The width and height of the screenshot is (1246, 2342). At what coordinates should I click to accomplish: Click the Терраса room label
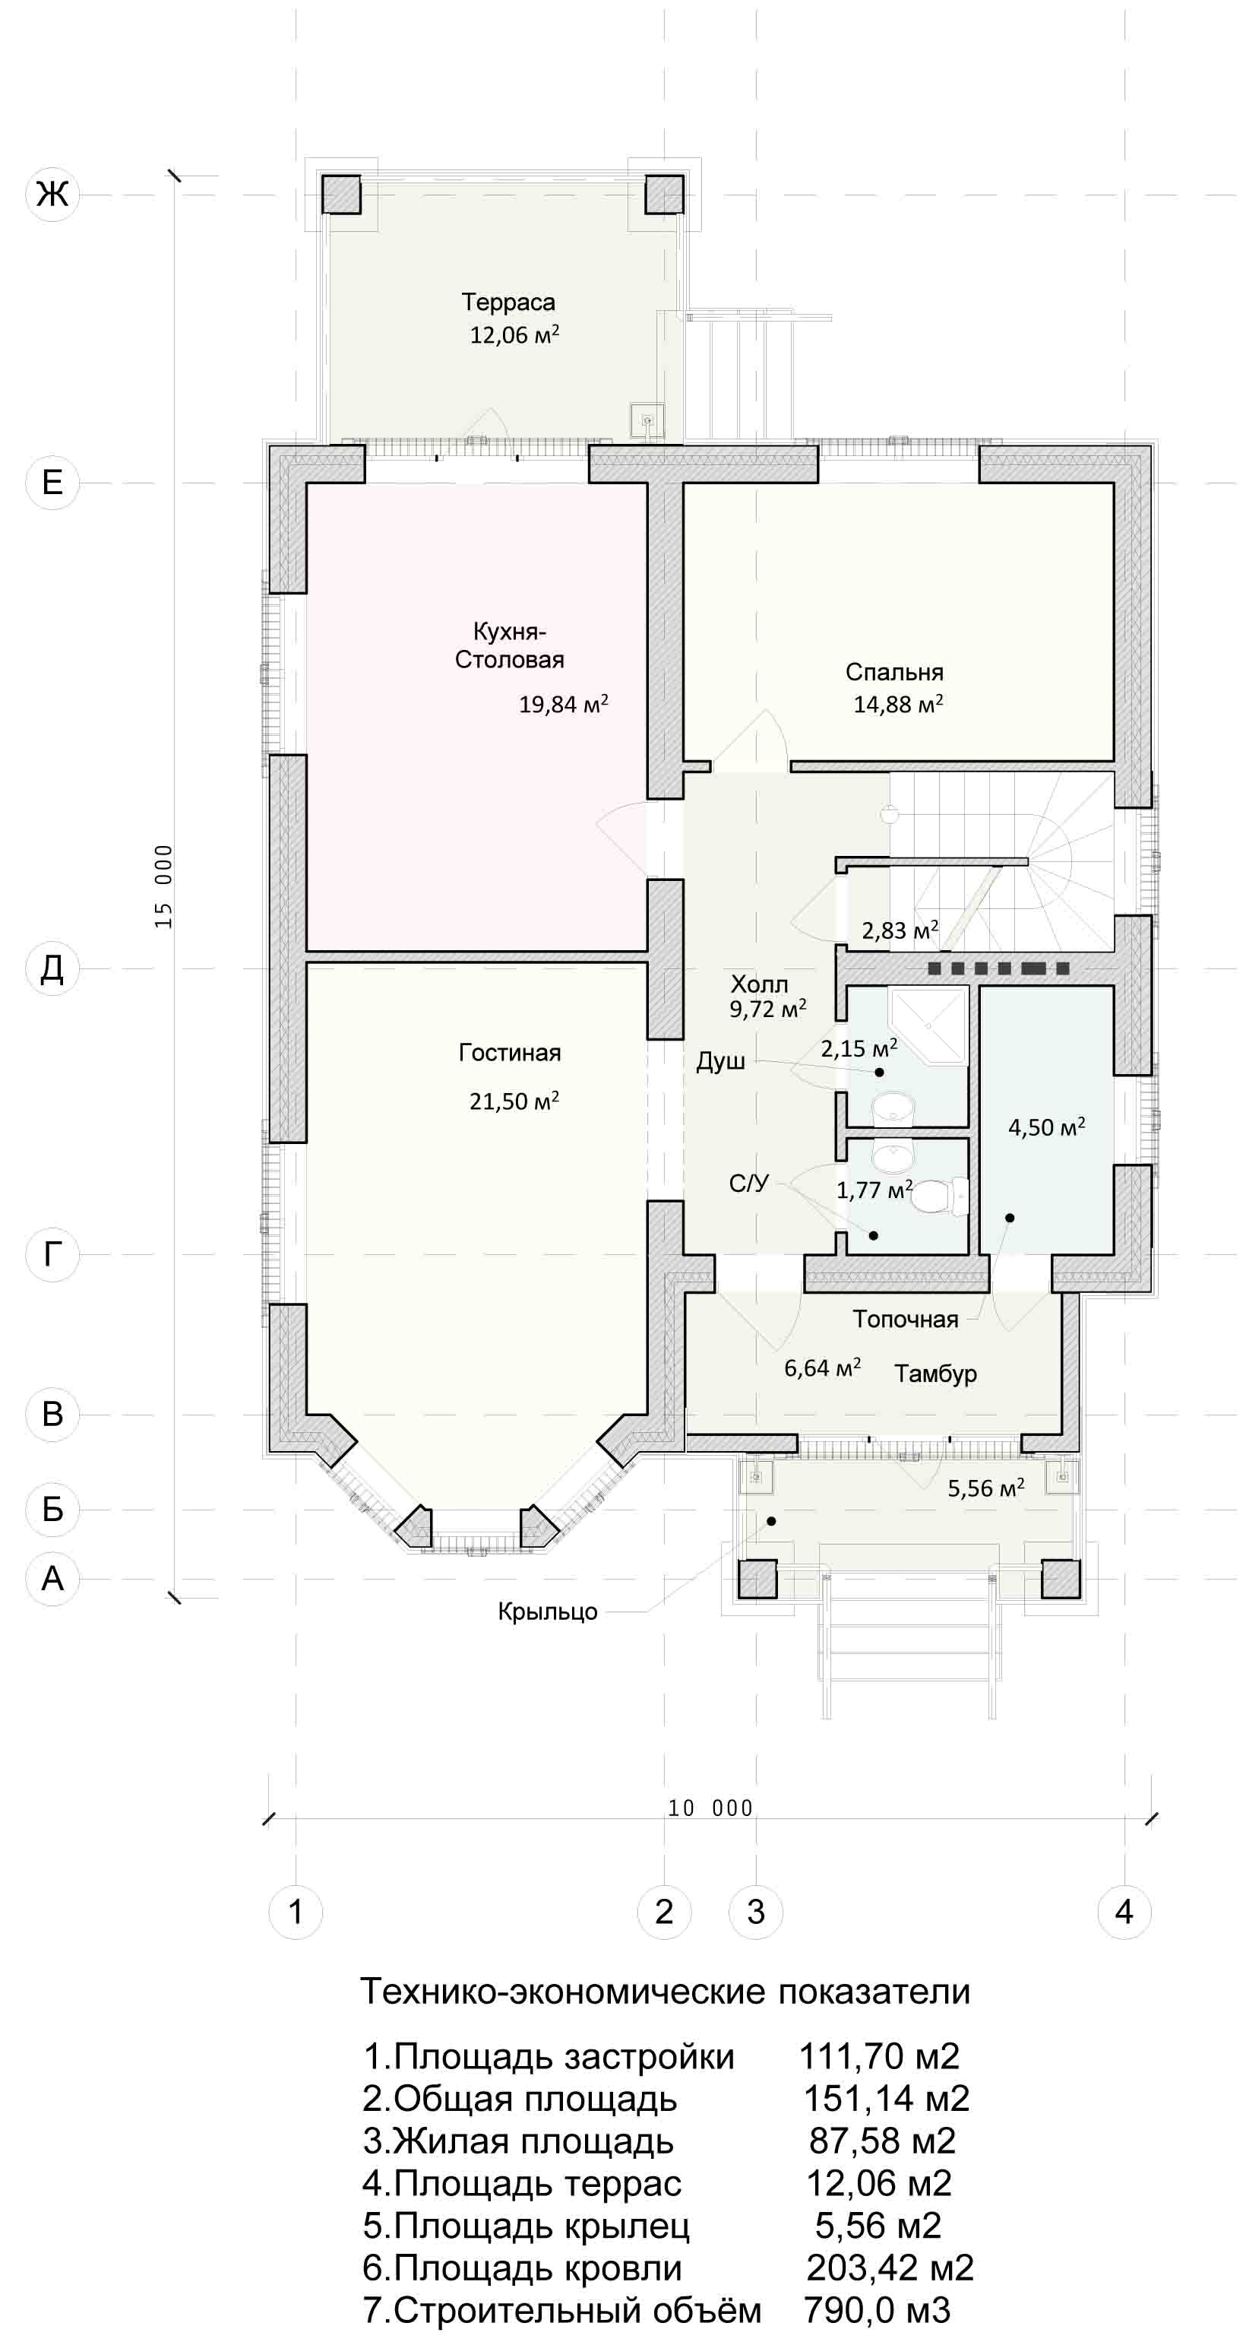tap(508, 302)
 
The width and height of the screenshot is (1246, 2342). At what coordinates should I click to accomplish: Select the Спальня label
tap(894, 672)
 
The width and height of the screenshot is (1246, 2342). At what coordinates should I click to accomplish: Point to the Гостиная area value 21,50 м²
tap(514, 1101)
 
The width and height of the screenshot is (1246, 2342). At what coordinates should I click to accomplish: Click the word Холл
tap(759, 984)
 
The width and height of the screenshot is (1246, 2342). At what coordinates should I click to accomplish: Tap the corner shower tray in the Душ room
tap(927, 1025)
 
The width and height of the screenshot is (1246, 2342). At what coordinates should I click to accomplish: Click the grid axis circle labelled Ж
tap(52, 194)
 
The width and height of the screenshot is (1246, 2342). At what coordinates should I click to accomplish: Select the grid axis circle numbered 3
tap(755, 1912)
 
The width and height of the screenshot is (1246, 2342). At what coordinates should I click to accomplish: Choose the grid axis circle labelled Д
tap(52, 968)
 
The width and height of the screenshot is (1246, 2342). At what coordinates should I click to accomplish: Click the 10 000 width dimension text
tap(710, 1808)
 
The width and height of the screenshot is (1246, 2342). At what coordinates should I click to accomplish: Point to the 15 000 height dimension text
tap(163, 886)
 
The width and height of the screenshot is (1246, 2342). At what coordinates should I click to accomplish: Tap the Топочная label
tap(905, 1319)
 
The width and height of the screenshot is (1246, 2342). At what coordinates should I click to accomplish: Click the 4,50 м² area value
tap(1046, 1127)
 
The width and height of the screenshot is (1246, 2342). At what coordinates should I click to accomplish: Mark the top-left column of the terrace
tap(343, 194)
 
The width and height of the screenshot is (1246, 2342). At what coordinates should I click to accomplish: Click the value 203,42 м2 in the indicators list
tap(890, 2268)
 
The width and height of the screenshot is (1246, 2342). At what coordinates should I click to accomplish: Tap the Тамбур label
tap(935, 1374)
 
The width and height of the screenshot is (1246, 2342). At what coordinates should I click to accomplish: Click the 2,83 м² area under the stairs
tap(900, 930)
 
